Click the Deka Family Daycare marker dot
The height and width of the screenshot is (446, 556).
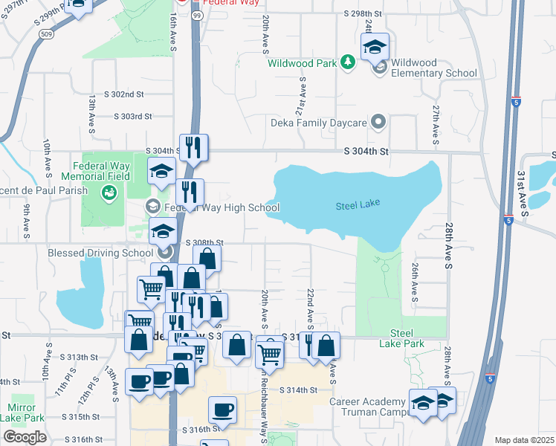[379, 120]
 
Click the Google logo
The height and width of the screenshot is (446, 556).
[25, 437]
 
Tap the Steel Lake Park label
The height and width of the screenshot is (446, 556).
[407, 338]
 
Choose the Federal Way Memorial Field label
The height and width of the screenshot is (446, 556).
[101, 171]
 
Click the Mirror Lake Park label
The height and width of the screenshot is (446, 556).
[17, 413]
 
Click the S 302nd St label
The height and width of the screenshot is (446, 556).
[124, 94]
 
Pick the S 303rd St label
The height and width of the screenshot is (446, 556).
[132, 117]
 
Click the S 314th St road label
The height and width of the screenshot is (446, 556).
[298, 390]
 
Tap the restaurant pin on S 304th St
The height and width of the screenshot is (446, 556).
[194, 148]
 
